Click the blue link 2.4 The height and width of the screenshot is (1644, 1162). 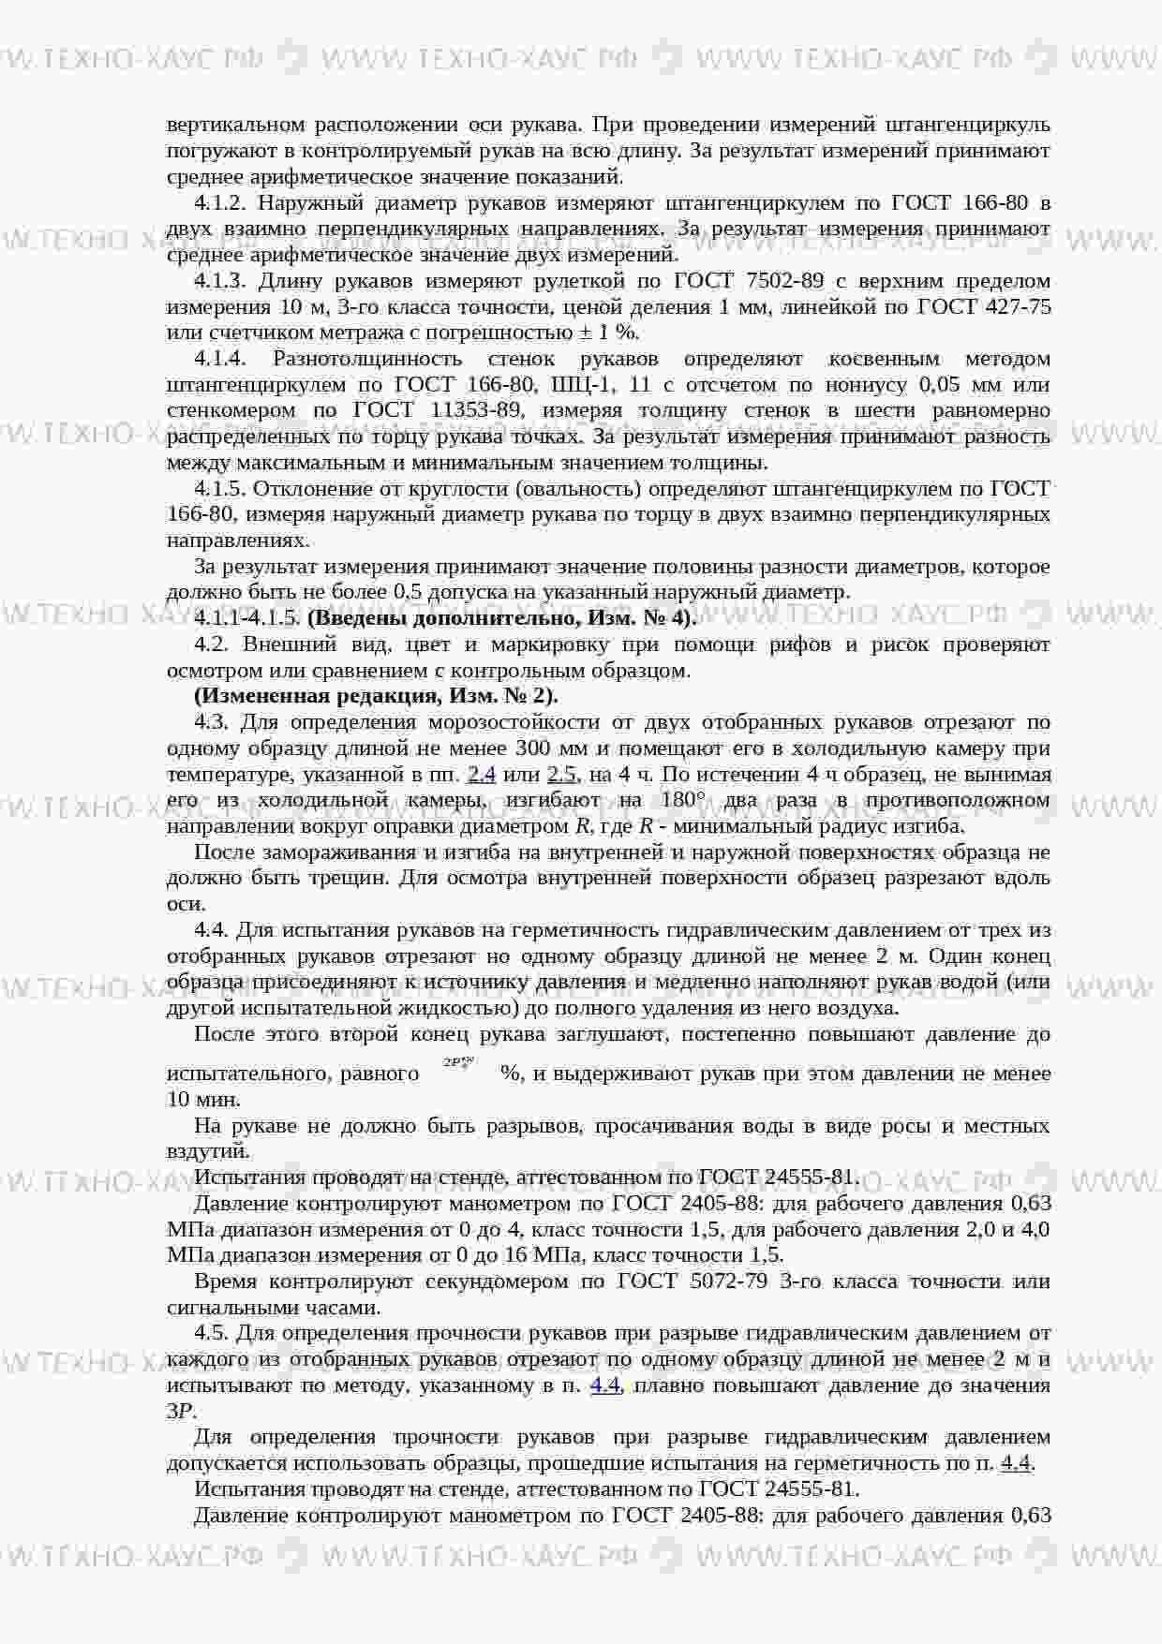pos(481,774)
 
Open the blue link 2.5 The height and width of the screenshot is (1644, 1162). pos(561,774)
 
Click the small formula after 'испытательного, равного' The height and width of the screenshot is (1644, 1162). pos(459,1063)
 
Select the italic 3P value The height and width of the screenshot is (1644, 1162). pos(179,1411)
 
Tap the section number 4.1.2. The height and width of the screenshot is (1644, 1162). pos(220,203)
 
